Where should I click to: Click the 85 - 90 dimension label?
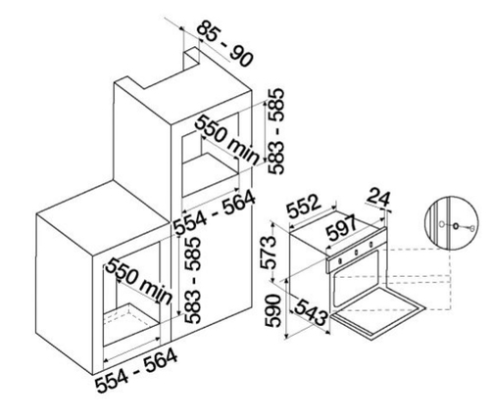[x=225, y=44]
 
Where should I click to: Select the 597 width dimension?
[x=342, y=227]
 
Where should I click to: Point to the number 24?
[x=379, y=198]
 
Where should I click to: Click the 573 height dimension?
[x=269, y=252]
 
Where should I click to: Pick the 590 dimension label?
[x=272, y=310]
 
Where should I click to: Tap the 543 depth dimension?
[x=311, y=312]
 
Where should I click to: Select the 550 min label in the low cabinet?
[x=139, y=281]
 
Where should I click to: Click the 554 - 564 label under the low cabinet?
[x=136, y=370]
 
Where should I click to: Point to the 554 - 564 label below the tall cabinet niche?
[x=215, y=212]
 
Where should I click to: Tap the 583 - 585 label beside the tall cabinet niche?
[x=276, y=131]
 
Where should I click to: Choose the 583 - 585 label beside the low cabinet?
[x=192, y=280]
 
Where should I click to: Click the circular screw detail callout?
[x=451, y=224]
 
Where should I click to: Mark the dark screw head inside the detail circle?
[x=456, y=225]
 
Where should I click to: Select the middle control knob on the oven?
[x=356, y=252]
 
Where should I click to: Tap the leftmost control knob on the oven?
[x=340, y=260]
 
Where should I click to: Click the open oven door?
[x=379, y=313]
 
